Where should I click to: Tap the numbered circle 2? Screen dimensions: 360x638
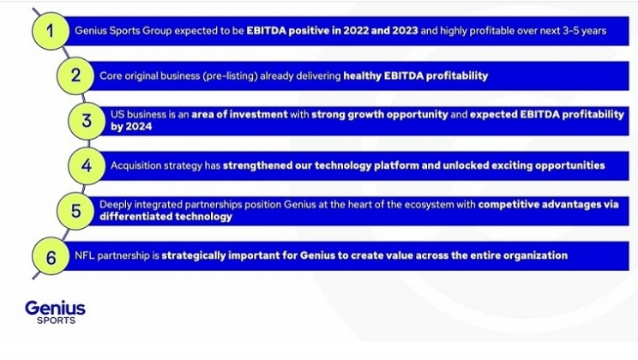(75, 75)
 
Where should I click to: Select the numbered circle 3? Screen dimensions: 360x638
(87, 121)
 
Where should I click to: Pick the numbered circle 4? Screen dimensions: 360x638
(87, 165)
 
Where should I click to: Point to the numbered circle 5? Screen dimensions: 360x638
(76, 211)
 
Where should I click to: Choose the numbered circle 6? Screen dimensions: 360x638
(52, 255)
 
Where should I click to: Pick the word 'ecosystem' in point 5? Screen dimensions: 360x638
(423, 205)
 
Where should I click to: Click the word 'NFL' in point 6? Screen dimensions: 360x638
(85, 255)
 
